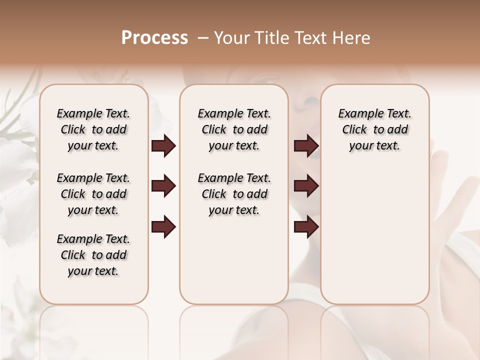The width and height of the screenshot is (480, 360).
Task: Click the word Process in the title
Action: tap(154, 38)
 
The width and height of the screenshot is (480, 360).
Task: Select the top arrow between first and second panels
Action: tap(163, 146)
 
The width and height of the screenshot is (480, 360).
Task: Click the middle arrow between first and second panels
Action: tap(163, 186)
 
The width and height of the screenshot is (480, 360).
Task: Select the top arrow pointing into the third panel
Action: tap(305, 146)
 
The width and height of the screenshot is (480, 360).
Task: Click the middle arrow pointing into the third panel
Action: tap(305, 186)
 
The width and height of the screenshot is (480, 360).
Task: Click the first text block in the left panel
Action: tap(93, 129)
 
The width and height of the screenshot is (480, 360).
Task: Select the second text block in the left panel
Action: tap(93, 194)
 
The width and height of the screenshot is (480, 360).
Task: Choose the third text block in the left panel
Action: tap(93, 255)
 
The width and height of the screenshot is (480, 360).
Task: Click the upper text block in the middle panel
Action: tap(234, 129)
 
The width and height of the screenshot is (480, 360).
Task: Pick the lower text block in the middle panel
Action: tap(234, 194)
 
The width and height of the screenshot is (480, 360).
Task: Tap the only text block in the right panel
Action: tap(375, 129)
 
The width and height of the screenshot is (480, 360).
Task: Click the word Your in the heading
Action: tap(231, 38)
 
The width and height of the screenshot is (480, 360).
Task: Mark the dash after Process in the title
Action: tap(203, 38)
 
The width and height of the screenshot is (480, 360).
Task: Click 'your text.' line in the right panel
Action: tap(375, 146)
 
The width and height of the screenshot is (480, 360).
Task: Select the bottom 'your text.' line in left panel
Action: tap(93, 271)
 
